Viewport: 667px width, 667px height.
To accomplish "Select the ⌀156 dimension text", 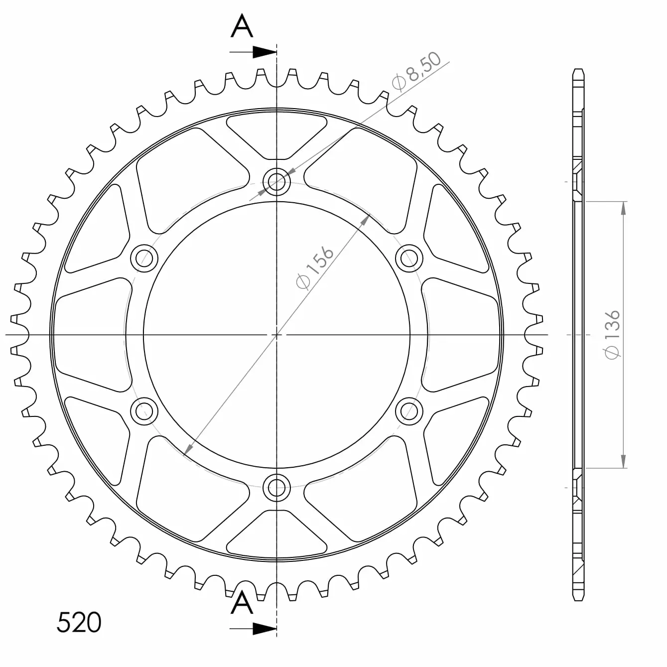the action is pyautogui.click(x=315, y=267).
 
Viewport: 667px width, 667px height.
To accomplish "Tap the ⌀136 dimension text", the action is pyautogui.click(x=612, y=334).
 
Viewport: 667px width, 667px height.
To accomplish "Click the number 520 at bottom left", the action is pyautogui.click(x=79, y=622).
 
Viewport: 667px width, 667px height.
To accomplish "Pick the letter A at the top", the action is pyautogui.click(x=242, y=25).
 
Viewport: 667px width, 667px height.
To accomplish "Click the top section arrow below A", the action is pyautogui.click(x=253, y=52).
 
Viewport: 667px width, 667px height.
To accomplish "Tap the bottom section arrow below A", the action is pyautogui.click(x=253, y=629).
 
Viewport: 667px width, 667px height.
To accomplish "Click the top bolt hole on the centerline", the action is pyautogui.click(x=276, y=181).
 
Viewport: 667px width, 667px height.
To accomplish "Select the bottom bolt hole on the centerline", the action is pyautogui.click(x=276, y=488).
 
